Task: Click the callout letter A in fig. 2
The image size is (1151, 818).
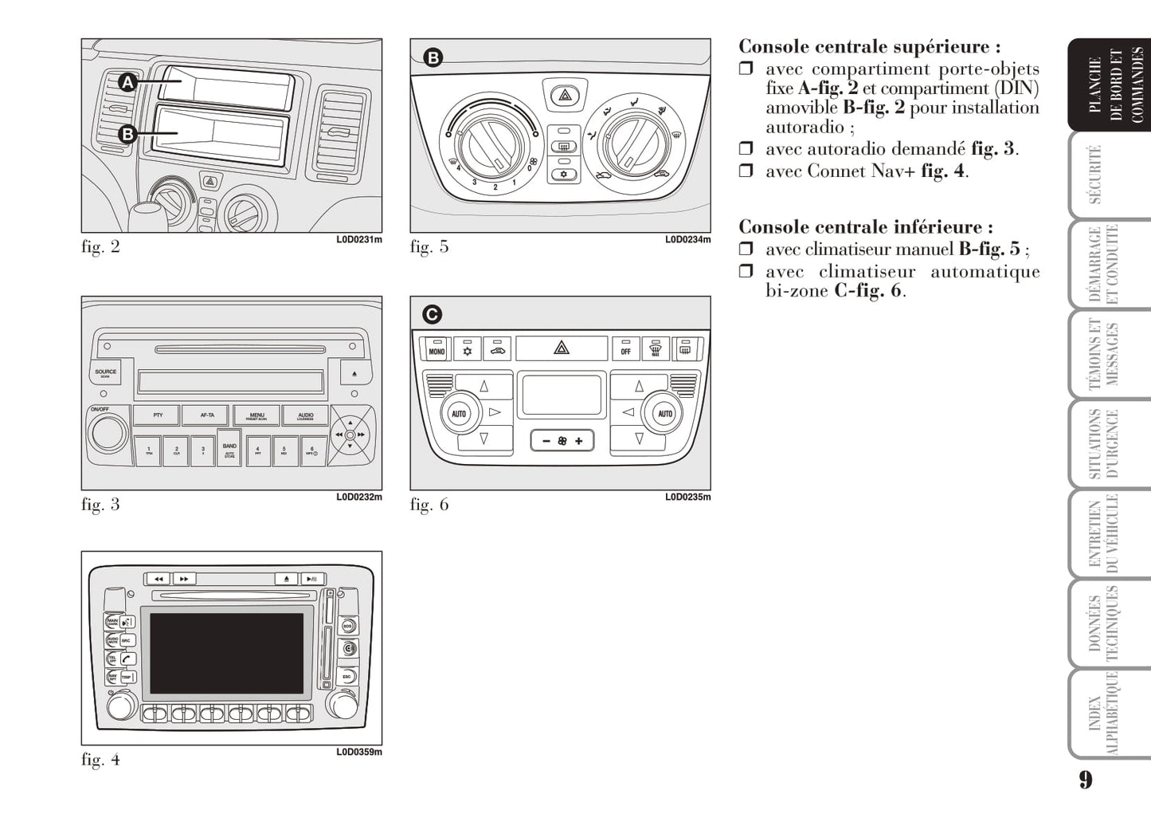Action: click(x=128, y=82)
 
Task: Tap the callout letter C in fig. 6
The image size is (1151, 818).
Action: click(x=432, y=315)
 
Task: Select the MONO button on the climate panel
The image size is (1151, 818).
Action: click(x=437, y=349)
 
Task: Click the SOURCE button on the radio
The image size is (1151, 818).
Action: click(x=105, y=372)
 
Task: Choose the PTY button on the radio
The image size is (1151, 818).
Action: click(x=158, y=415)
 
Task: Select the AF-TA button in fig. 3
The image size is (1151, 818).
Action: click(x=207, y=415)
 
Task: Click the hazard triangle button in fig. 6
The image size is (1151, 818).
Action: click(x=562, y=348)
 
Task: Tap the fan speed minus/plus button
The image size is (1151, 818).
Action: click(x=562, y=440)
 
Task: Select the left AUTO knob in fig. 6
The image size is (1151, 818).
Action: click(x=459, y=414)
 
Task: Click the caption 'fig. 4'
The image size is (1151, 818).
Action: click(x=100, y=760)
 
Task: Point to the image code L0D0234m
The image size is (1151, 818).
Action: click(x=687, y=239)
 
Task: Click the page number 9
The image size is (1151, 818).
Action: click(x=1086, y=779)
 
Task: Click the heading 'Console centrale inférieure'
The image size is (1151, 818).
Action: click(x=865, y=227)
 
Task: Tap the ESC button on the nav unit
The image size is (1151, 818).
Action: click(x=347, y=676)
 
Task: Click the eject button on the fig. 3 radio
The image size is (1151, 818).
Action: click(x=354, y=372)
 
